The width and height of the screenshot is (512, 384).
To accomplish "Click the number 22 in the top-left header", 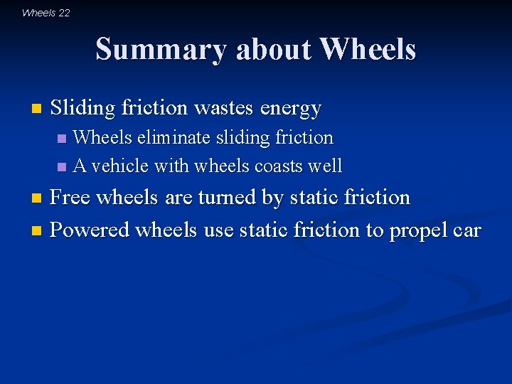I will click(x=64, y=13).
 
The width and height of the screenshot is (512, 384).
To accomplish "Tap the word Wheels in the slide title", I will click(x=368, y=50).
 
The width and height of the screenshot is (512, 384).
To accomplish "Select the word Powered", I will click(x=90, y=230).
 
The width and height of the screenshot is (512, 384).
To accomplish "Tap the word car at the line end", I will click(x=469, y=231).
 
